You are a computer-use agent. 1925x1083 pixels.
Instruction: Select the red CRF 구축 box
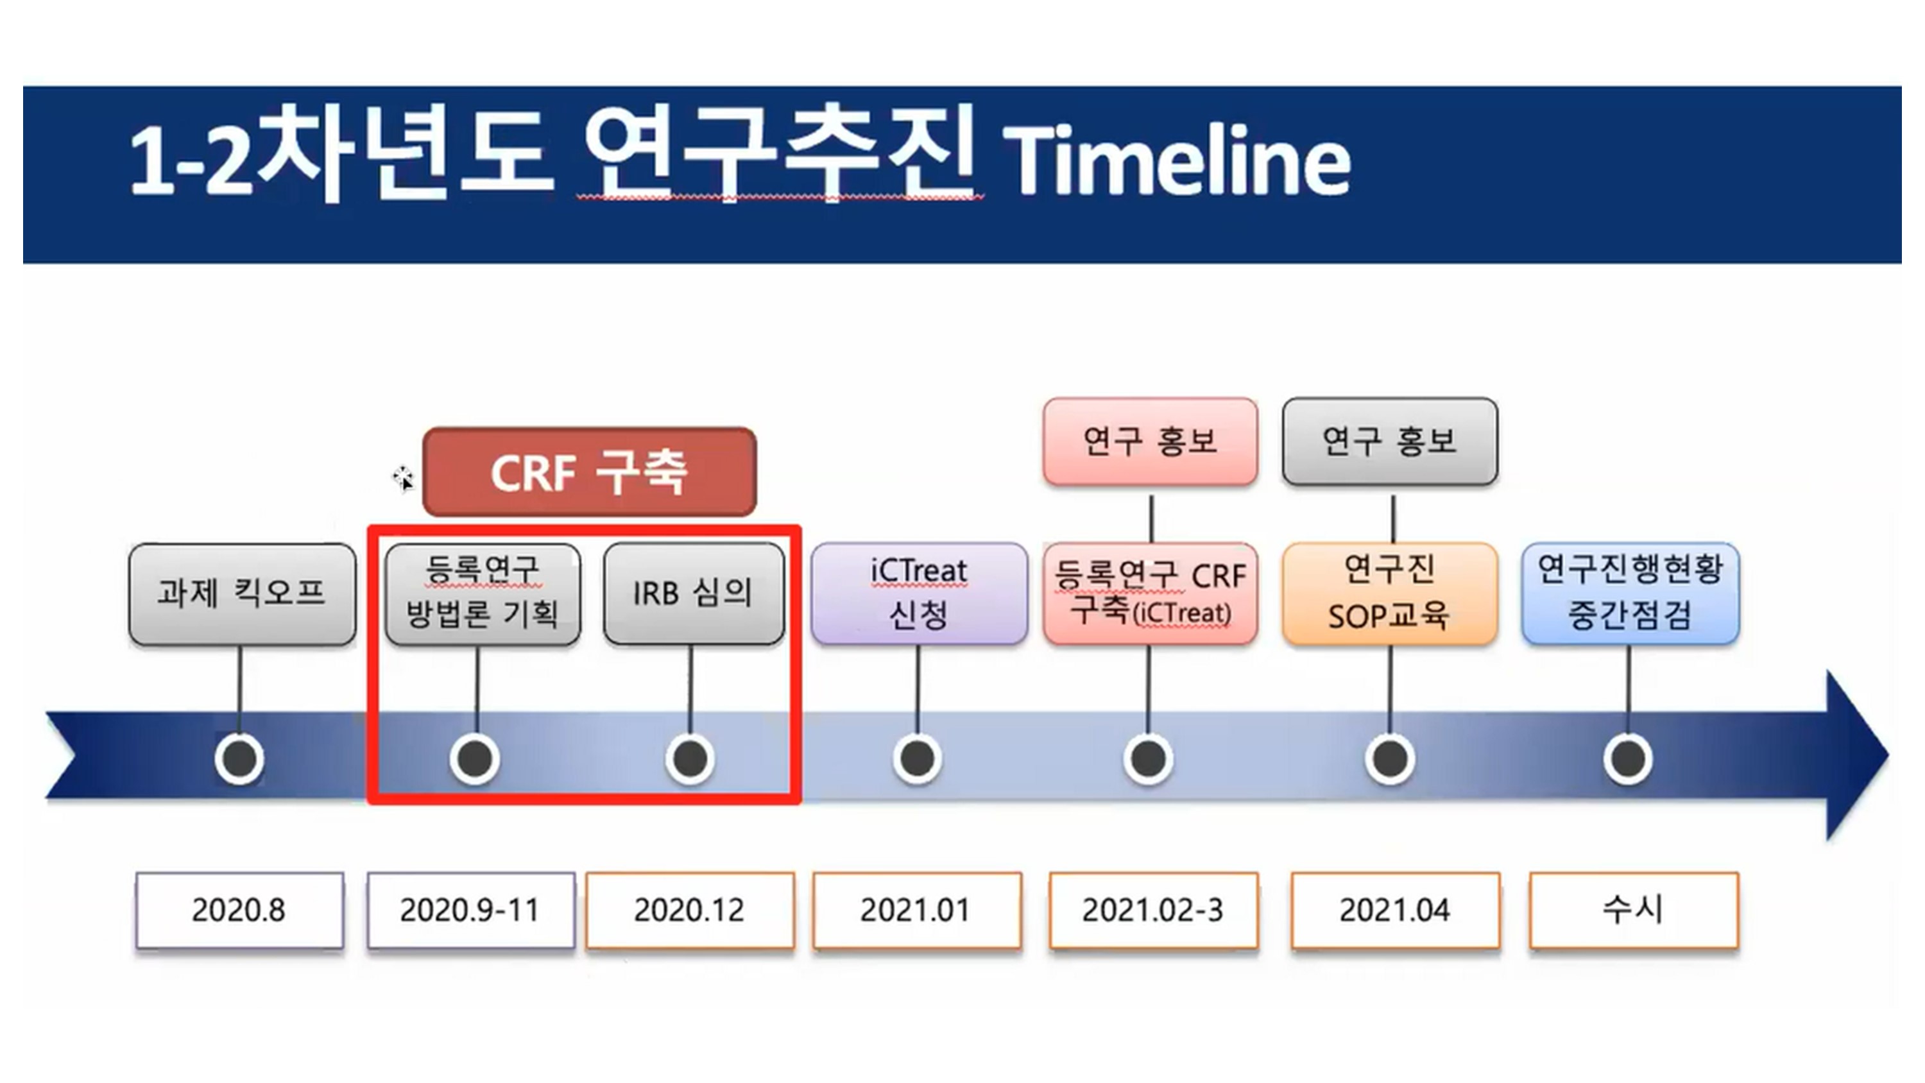590,472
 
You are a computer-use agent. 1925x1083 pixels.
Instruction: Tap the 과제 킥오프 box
242,594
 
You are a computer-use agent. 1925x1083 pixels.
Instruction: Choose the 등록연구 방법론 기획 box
483,594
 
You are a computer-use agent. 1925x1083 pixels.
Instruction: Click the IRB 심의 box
694,594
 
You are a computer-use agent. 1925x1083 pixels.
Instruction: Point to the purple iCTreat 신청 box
919,594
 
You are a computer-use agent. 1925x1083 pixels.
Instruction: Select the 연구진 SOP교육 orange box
1390,594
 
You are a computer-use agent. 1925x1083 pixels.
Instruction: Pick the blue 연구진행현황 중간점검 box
1630,594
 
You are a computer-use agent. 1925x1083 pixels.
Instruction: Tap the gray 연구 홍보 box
1390,441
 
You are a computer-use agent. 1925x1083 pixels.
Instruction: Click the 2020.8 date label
239,910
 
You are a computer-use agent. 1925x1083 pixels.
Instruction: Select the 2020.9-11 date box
471,910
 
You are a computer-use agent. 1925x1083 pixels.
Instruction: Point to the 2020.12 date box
690,910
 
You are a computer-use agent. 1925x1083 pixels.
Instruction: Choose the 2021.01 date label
917,910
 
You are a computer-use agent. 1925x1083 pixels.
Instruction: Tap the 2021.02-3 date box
1154,910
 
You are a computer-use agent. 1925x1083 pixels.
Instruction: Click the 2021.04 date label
1395,910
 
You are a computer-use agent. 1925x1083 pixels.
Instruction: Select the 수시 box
1634,910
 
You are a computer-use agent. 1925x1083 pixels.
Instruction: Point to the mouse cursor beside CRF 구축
403,479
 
